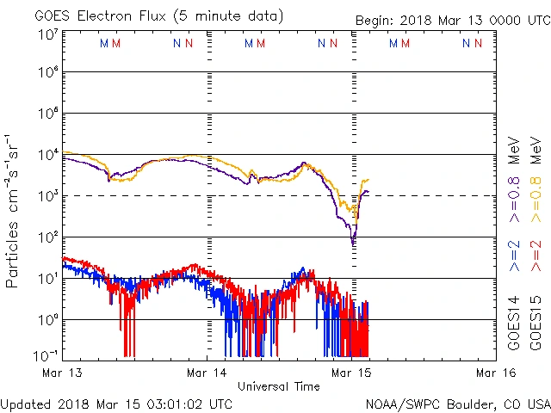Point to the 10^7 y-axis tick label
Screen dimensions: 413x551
click(x=46, y=35)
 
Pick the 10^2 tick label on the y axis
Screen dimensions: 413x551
click(x=46, y=237)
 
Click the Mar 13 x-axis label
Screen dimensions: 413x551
click(x=62, y=373)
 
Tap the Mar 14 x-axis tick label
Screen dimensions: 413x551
click(x=207, y=373)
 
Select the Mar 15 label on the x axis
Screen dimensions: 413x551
click(x=351, y=373)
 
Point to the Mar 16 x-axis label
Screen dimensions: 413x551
click(x=495, y=373)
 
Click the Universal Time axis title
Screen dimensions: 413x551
click(x=278, y=386)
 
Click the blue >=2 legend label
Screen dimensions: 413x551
click(x=514, y=256)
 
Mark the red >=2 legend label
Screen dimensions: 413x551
click(x=536, y=256)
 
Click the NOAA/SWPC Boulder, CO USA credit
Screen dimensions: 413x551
click(x=457, y=404)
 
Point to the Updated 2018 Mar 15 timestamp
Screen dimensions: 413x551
click(x=116, y=404)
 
